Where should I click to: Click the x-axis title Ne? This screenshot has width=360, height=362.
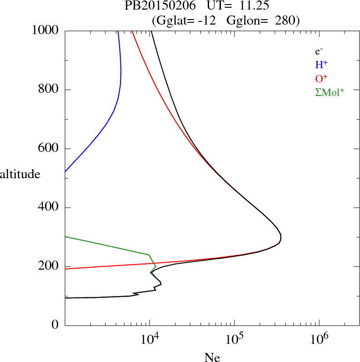pyautogui.click(x=212, y=357)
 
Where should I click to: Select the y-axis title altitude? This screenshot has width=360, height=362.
pyautogui.click(x=20, y=174)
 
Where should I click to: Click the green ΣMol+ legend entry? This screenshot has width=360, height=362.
pyautogui.click(x=330, y=92)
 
